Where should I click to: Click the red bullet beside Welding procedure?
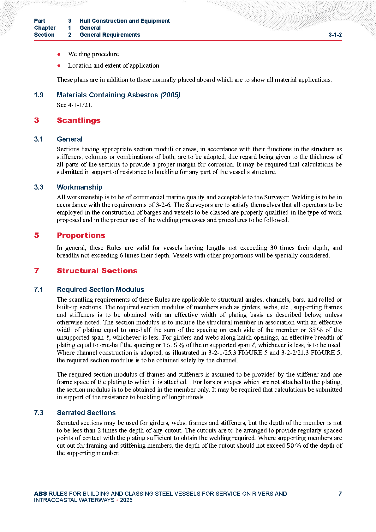tap(59, 54)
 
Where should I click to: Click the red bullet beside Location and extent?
tap(59, 66)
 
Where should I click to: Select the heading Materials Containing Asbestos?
tap(107, 95)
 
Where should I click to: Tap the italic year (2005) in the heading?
tap(170, 95)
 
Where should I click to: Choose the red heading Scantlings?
tap(79, 120)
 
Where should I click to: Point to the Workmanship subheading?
tap(80, 187)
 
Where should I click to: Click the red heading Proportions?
tap(81, 235)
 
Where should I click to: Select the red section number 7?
tap(37, 271)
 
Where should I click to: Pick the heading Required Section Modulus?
tap(100, 290)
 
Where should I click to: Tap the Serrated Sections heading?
tap(86, 413)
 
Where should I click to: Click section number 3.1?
tap(39, 139)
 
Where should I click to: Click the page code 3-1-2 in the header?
tap(335, 35)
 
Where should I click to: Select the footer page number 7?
tap(340, 494)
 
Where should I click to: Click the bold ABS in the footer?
tap(40, 494)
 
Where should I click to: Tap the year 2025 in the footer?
tap(126, 500)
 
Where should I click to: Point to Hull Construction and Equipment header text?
tap(124, 21)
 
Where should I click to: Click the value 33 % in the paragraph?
tap(315, 330)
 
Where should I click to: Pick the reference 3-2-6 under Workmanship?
tap(163, 205)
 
